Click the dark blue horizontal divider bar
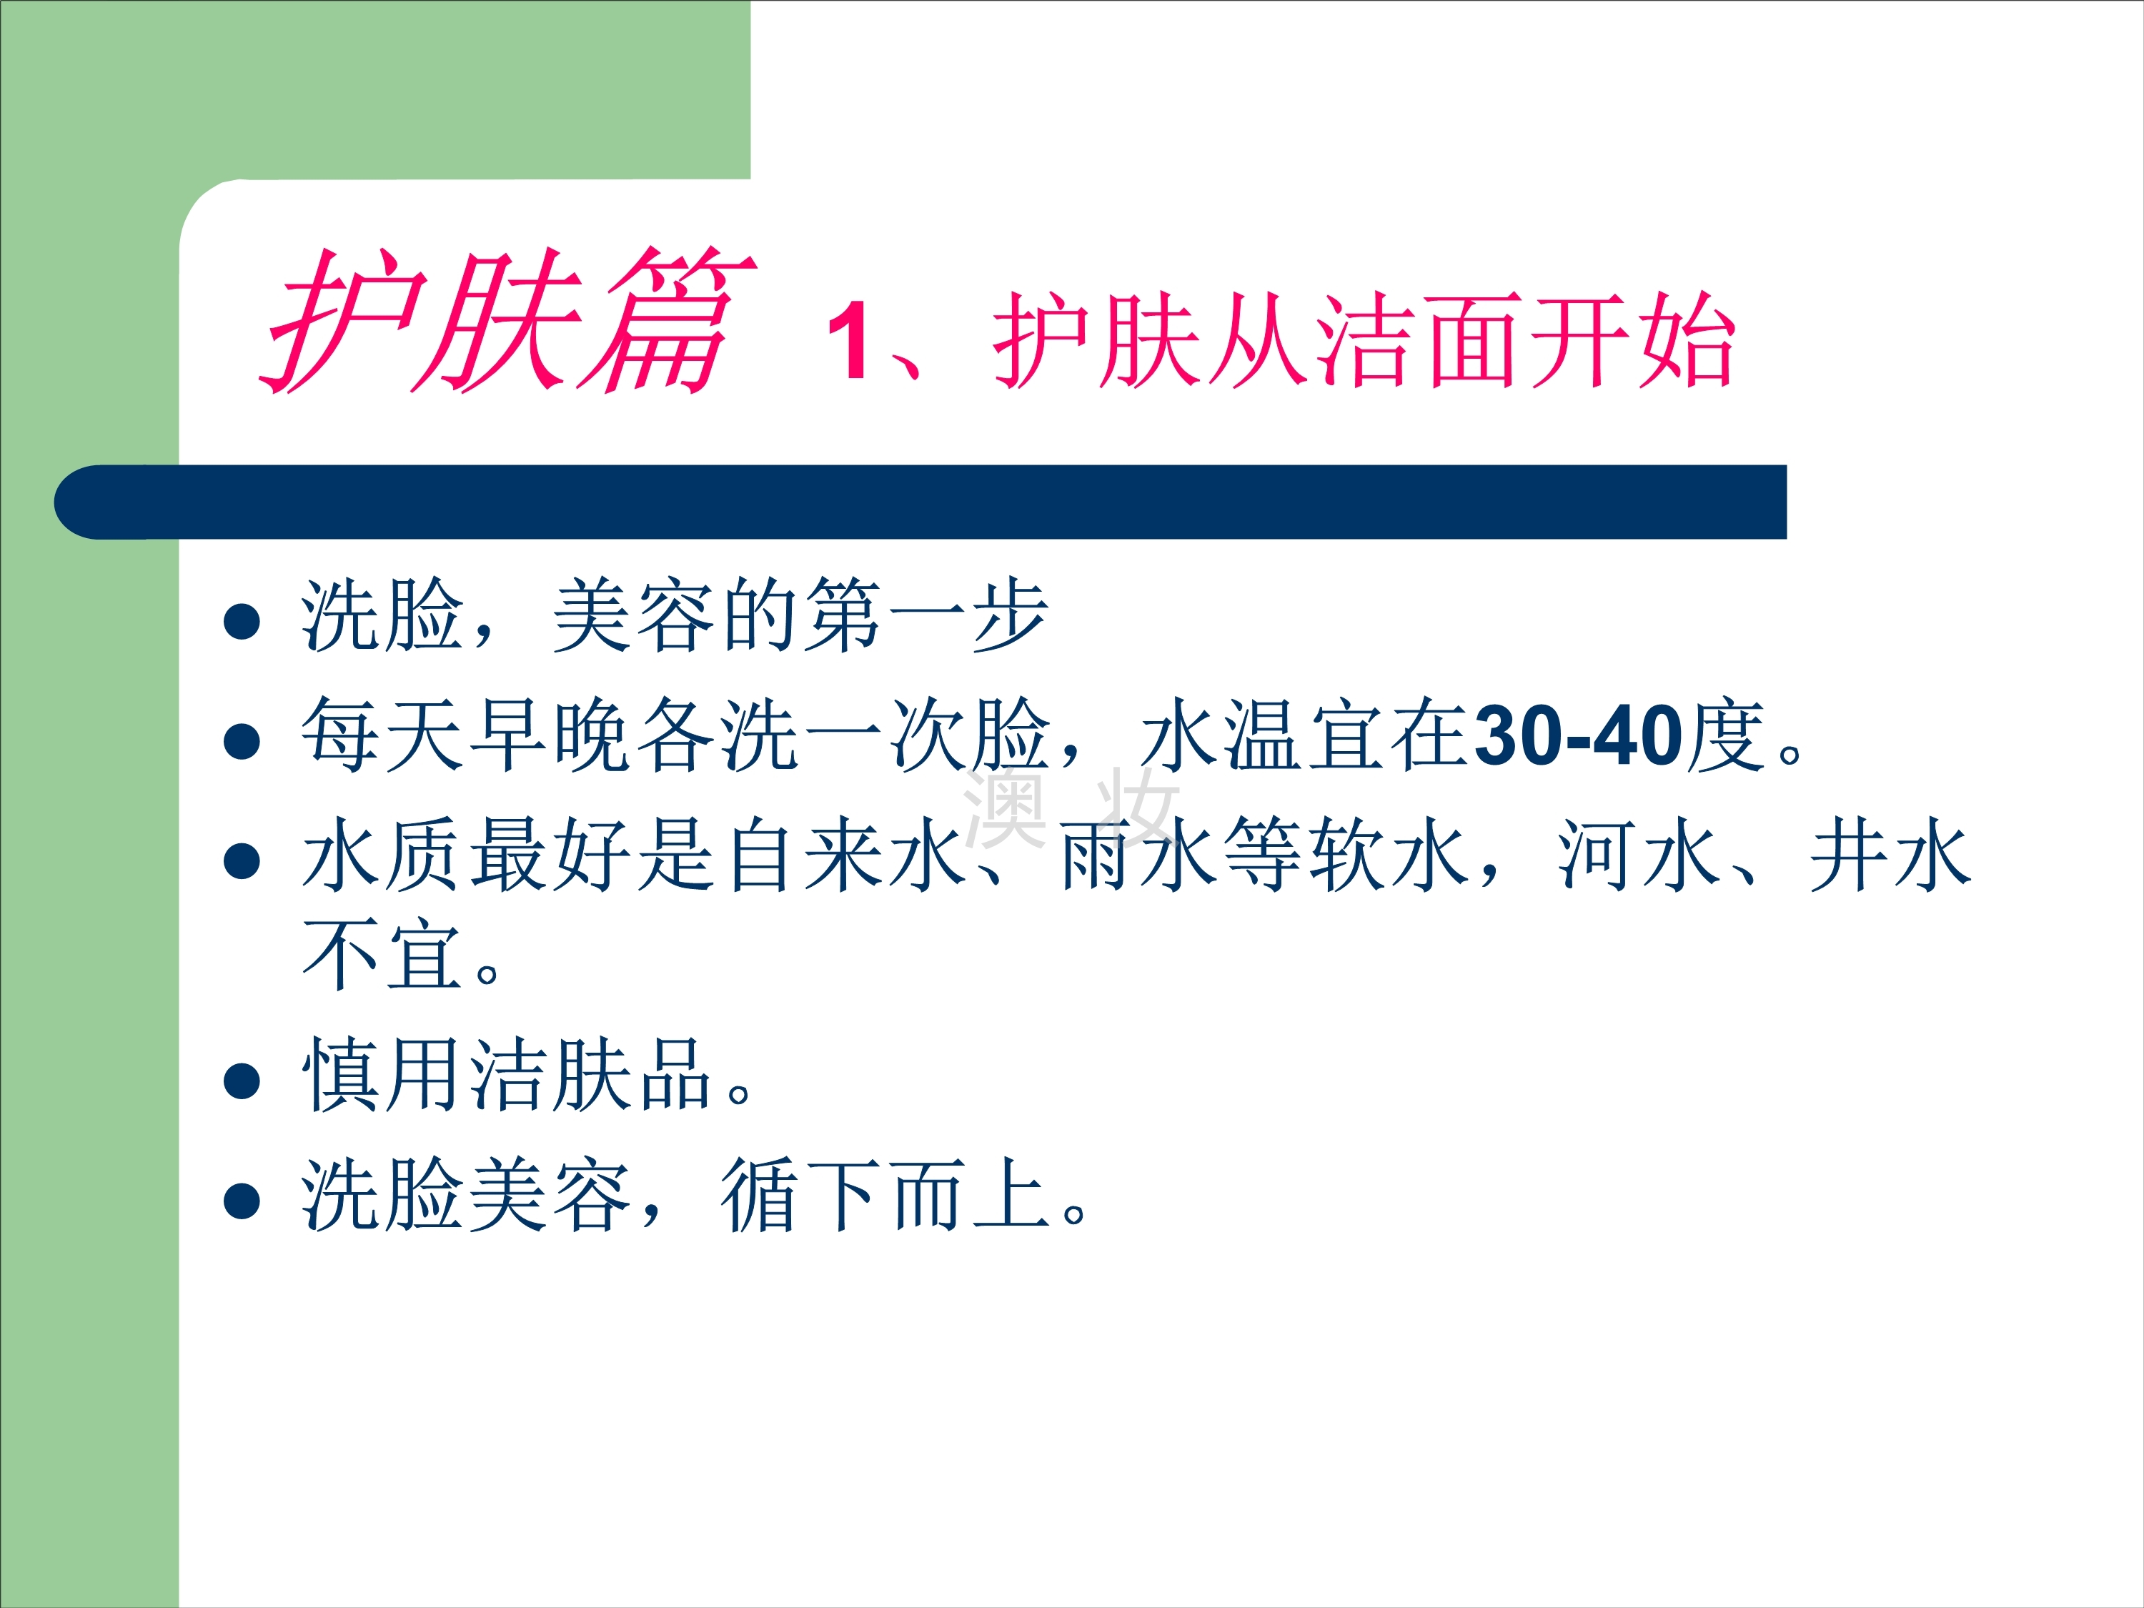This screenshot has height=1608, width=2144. point(920,502)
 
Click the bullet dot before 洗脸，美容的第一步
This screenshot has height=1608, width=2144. point(242,621)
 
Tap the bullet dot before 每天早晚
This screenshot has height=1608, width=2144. point(242,742)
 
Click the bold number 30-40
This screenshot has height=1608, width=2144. point(1579,737)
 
